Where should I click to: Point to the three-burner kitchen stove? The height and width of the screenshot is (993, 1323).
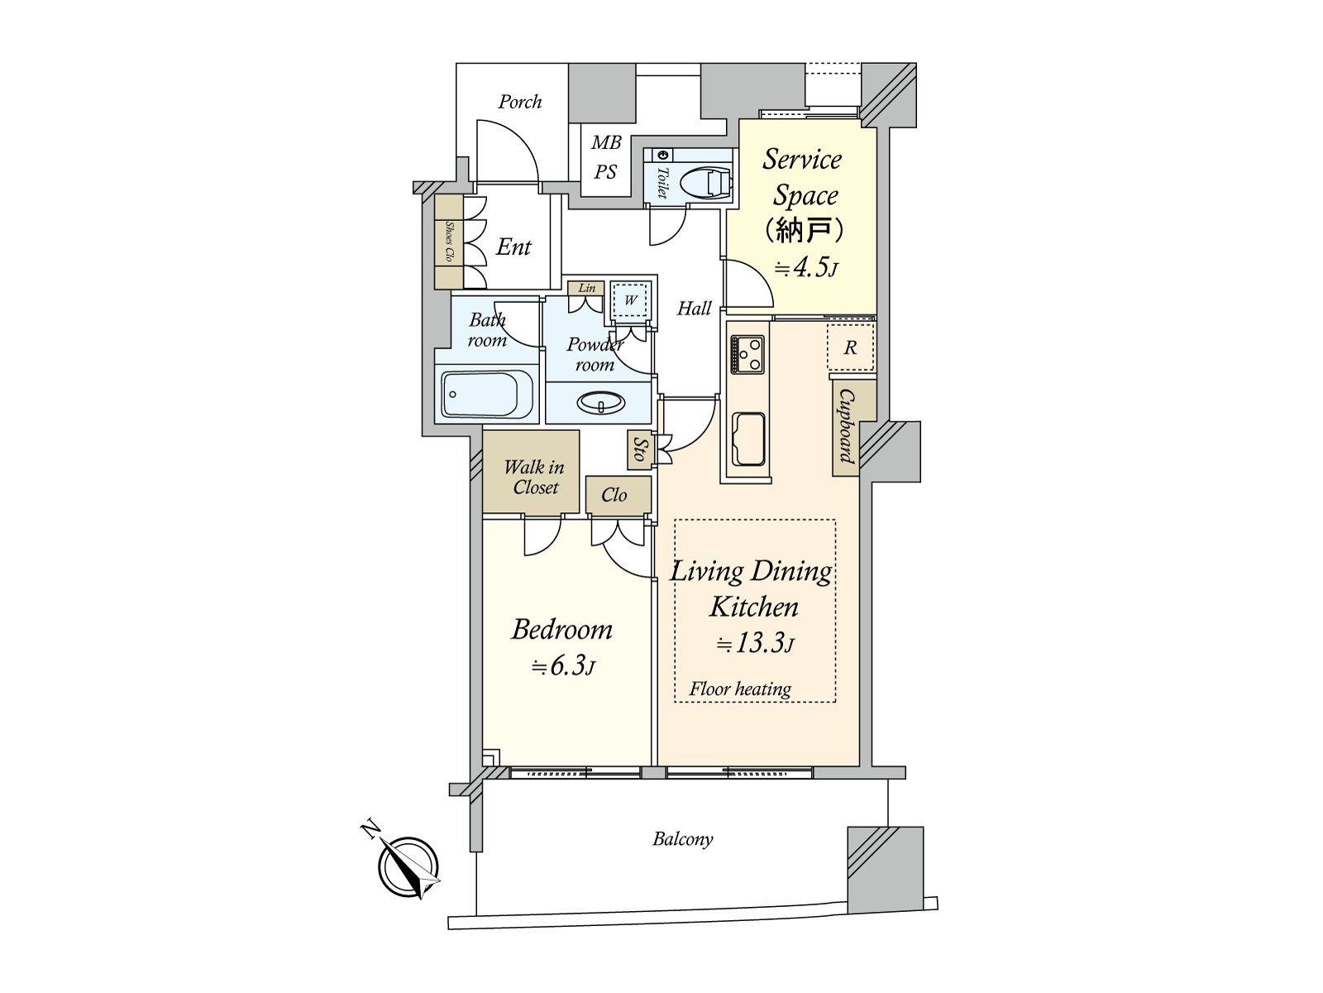(x=747, y=355)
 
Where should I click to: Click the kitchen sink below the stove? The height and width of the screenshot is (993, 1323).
(x=747, y=439)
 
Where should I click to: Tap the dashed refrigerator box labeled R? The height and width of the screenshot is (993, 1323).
(x=851, y=348)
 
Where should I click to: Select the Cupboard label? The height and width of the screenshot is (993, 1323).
(x=845, y=427)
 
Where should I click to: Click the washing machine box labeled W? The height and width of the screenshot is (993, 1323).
(x=630, y=300)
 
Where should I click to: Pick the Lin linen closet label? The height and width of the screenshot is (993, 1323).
(x=586, y=289)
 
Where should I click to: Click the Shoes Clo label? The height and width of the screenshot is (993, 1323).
(x=449, y=242)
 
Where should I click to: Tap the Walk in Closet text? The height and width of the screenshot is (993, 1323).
(x=534, y=477)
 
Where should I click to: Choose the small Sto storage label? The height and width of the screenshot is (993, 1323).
(x=639, y=449)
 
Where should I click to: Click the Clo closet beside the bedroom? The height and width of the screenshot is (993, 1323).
(x=614, y=495)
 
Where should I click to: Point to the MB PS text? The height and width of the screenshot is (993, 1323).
(x=605, y=158)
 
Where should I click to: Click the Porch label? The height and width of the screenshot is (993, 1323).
(x=520, y=103)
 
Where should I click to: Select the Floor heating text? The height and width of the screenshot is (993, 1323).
(x=740, y=689)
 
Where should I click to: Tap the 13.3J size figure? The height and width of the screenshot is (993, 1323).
(x=755, y=644)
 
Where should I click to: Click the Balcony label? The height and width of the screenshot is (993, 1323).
(x=682, y=839)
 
